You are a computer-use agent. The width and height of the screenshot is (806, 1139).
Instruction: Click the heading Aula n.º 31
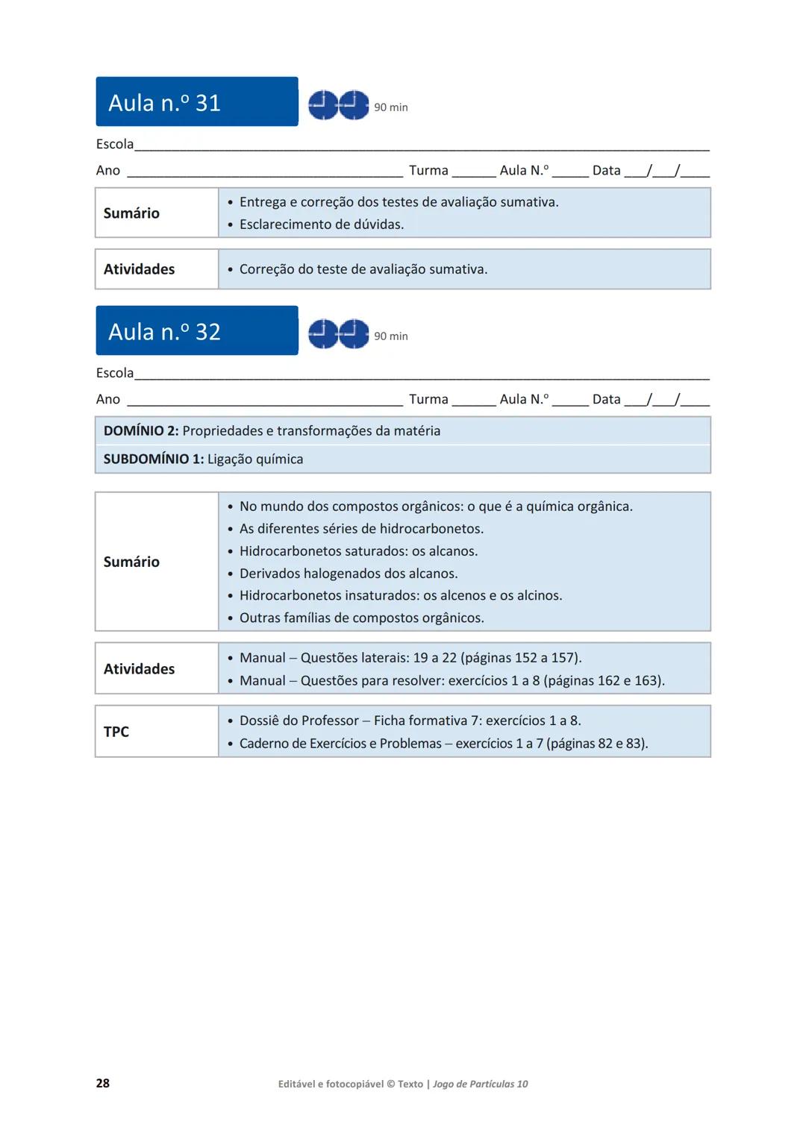165,102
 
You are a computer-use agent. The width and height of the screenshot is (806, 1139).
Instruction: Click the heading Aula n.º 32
165,331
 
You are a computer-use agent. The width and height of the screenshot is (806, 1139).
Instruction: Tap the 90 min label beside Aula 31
391,107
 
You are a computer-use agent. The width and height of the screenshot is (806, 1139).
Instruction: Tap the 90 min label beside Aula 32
391,336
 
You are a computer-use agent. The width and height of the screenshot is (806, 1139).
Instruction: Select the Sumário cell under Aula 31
131,213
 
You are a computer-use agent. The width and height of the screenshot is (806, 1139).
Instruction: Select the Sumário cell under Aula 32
131,562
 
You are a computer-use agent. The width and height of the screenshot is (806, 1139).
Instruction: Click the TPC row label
116,732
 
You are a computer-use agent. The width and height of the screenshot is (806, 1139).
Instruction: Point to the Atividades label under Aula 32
139,669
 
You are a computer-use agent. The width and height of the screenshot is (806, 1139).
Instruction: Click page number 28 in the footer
103,1083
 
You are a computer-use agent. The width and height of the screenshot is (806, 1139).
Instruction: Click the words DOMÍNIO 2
141,431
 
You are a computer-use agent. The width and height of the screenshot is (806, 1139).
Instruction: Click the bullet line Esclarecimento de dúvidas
321,225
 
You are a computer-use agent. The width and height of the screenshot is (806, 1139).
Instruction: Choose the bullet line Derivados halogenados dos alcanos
349,574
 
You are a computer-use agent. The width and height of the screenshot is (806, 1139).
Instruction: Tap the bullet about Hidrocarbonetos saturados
358,551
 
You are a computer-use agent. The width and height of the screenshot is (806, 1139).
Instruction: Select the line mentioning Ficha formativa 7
410,721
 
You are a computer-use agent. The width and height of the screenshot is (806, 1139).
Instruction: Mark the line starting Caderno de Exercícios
443,744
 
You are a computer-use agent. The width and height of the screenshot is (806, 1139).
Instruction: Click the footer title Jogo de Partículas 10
481,1084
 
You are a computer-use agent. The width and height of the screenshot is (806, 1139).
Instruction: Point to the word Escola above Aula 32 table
115,373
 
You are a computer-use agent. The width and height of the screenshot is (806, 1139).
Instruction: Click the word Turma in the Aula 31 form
428,171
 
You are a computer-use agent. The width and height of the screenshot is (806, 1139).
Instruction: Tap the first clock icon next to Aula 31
323,105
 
